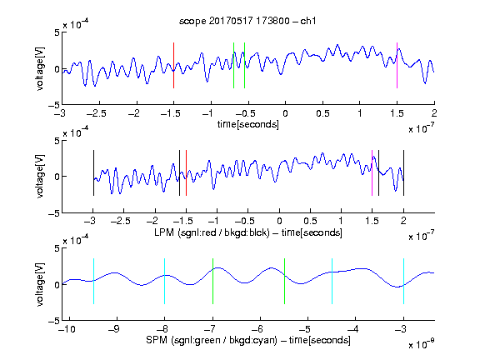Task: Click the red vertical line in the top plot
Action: [x=173, y=66]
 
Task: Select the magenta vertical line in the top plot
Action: [x=397, y=66]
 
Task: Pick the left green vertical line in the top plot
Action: [x=233, y=66]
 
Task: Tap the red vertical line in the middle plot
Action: [x=186, y=173]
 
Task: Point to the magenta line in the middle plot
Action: [x=372, y=173]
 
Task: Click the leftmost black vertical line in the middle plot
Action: [x=93, y=173]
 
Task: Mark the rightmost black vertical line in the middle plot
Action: [x=403, y=173]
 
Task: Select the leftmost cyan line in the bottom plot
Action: [x=93, y=282]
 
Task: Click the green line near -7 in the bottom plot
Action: [x=212, y=282]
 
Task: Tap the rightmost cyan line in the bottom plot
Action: [x=403, y=282]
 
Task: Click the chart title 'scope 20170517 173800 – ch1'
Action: [x=247, y=21]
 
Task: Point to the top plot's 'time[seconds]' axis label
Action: [x=248, y=124]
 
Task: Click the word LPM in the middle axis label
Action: [x=164, y=232]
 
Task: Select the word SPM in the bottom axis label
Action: [x=157, y=340]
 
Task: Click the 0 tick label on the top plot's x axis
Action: [x=285, y=113]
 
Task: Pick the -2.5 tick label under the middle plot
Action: [x=120, y=221]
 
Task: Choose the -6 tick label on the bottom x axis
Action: [x=257, y=329]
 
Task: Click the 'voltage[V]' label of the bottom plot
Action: [x=40, y=284]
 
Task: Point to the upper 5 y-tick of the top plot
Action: [x=57, y=32]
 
